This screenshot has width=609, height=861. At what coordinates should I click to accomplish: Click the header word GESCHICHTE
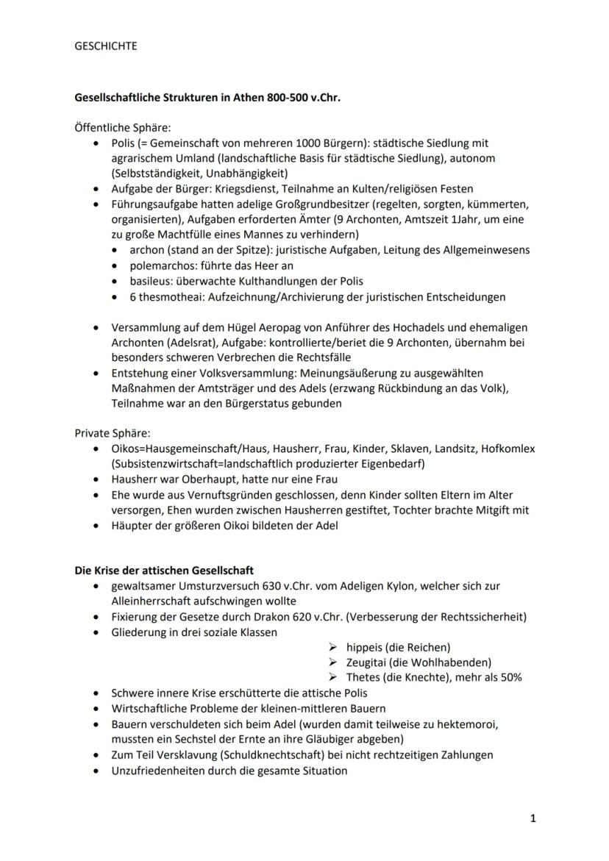click(x=106, y=46)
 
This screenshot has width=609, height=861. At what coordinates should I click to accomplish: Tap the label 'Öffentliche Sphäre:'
click(x=122, y=127)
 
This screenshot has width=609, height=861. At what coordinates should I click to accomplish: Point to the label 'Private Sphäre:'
click(x=112, y=433)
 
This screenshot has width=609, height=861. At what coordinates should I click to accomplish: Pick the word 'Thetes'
click(x=364, y=678)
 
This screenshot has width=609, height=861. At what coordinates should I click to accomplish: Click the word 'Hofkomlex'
click(x=508, y=449)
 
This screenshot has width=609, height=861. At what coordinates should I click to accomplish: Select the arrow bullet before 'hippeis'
click(x=333, y=647)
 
